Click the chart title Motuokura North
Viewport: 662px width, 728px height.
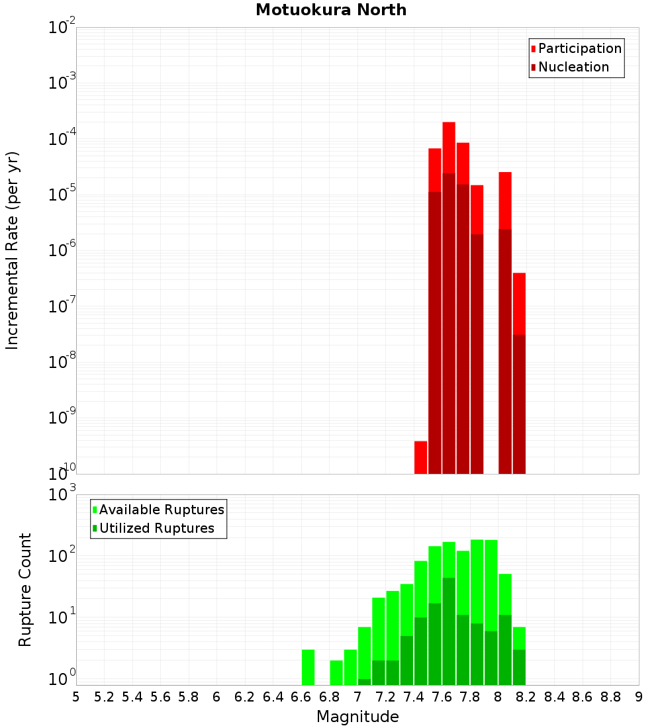pos(331,10)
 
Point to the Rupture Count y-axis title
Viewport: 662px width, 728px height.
pos(25,589)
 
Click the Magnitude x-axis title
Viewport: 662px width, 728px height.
pos(357,717)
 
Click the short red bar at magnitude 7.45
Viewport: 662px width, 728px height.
pos(420,457)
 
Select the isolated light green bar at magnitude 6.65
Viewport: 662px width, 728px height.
pos(308,667)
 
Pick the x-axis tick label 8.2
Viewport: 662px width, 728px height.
pos(526,697)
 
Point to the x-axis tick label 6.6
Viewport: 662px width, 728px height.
pos(301,697)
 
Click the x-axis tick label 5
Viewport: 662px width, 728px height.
pos(76,697)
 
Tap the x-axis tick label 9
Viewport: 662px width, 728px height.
pos(639,697)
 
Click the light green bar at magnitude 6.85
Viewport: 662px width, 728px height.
pos(336,672)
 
